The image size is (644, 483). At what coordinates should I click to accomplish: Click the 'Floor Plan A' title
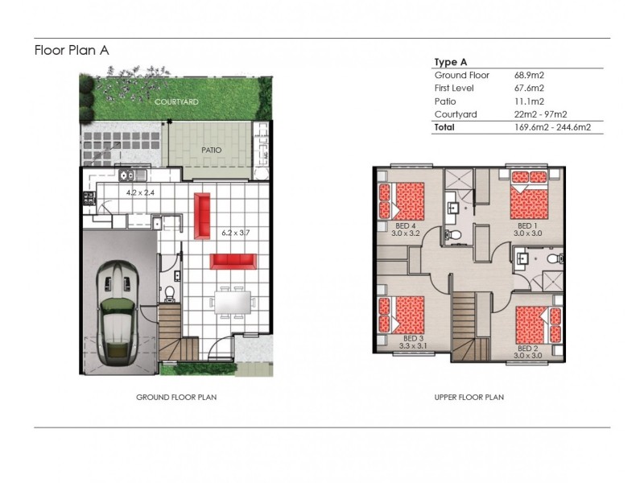pyautogui.click(x=71, y=50)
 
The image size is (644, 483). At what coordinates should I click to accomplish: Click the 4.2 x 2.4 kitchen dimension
pyautogui.click(x=141, y=193)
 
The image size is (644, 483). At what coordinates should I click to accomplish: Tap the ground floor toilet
pyautogui.click(x=169, y=291)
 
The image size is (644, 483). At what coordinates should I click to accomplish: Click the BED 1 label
pyautogui.click(x=526, y=225)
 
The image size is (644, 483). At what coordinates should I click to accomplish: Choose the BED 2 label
pyautogui.click(x=528, y=349)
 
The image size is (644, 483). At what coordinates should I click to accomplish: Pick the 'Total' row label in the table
pyautogui.click(x=444, y=127)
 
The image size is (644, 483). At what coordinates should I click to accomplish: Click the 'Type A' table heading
pyautogui.click(x=451, y=62)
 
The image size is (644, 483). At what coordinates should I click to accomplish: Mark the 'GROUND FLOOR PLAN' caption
pyautogui.click(x=176, y=397)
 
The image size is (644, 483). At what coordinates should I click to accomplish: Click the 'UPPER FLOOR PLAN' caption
pyautogui.click(x=469, y=397)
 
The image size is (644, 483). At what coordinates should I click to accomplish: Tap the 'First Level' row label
pyautogui.click(x=454, y=88)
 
